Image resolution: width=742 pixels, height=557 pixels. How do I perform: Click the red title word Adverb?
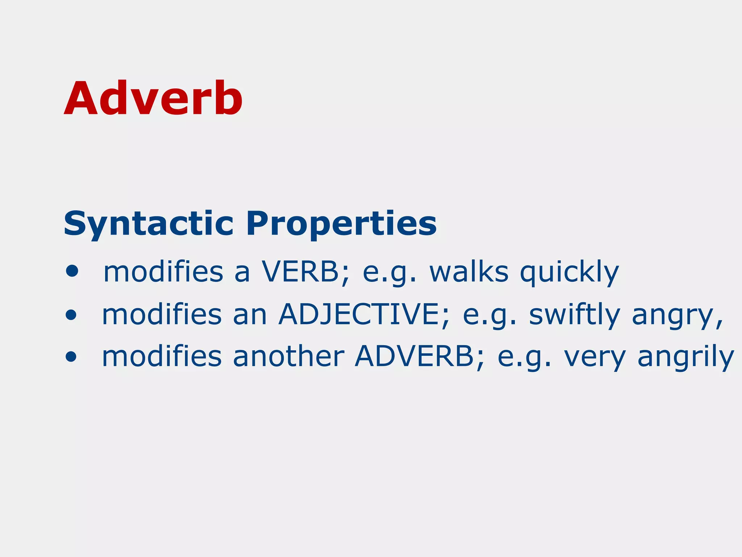[153, 99]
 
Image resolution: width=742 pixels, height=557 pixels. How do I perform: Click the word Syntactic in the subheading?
[149, 224]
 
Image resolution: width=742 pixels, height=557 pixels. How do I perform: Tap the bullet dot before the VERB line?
[72, 271]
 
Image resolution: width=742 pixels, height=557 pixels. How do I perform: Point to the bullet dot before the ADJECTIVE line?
[71, 314]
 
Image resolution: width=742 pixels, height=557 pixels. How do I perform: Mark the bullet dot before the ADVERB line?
[71, 356]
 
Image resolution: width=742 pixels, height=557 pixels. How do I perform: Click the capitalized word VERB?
[300, 272]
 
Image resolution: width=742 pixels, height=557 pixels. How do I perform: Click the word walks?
[469, 272]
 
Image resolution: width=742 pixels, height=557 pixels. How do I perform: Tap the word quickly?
[569, 273]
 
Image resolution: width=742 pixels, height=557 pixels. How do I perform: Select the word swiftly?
[574, 314]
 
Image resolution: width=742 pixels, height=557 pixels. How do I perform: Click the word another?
[288, 356]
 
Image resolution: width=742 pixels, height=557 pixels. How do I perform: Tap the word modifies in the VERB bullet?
[163, 272]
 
